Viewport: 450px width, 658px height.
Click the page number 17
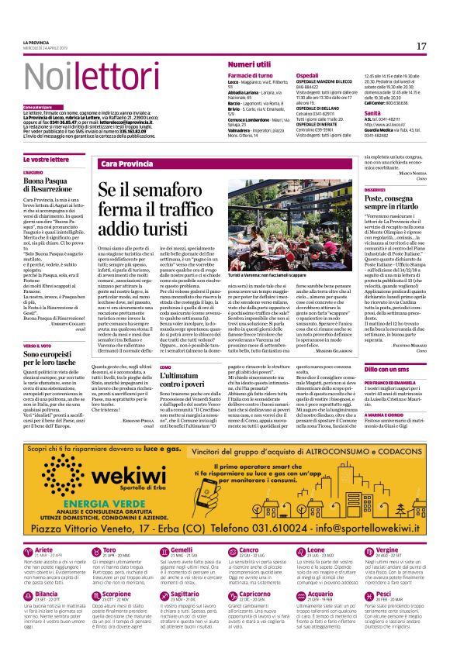tap(421, 47)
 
